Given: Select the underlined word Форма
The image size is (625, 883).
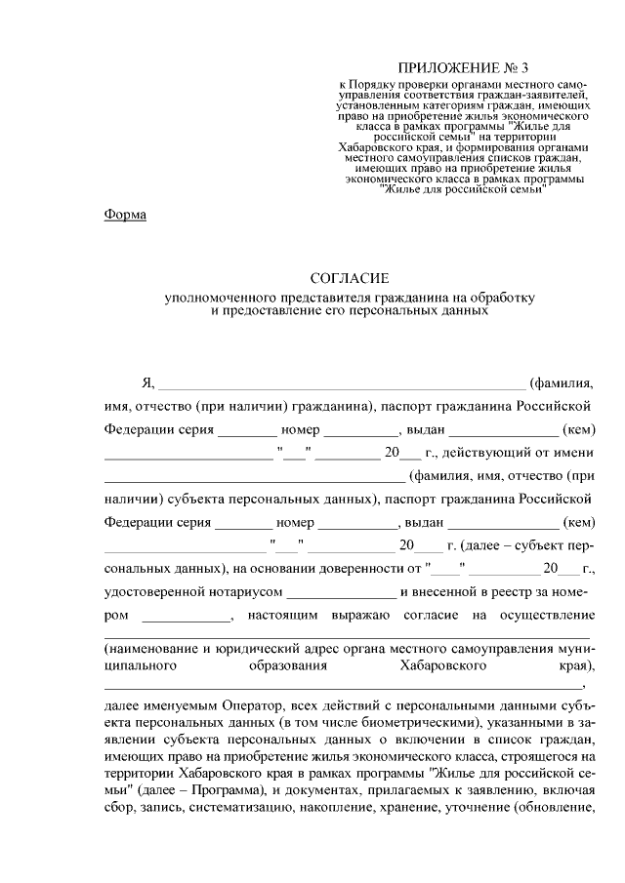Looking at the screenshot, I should click(x=125, y=216).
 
